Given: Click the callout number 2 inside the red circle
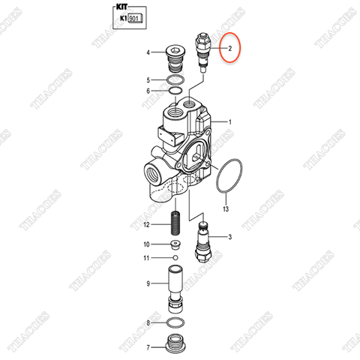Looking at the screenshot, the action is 230,49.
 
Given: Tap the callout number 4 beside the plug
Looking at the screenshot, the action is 148,52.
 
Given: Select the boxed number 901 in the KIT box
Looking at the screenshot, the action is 134,19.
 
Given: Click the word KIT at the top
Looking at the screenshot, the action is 121,7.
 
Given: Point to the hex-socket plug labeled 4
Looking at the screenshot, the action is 175,58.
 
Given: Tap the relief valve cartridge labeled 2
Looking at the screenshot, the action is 203,52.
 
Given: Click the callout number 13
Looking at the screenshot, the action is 226,208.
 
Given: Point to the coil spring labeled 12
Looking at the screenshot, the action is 175,223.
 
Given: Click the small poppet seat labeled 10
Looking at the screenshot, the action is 175,244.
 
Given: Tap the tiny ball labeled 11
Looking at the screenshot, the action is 175,257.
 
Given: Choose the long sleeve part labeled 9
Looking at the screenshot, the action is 175,289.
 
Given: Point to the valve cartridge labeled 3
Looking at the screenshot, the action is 203,242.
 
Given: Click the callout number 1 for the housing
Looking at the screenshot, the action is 230,122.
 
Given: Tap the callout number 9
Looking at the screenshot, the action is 148,283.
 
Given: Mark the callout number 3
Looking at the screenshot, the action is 230,236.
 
